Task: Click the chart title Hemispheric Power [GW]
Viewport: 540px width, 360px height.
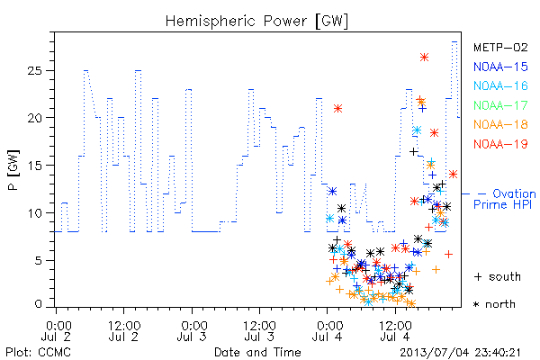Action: pyautogui.click(x=256, y=21)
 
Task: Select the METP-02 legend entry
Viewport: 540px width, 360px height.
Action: pyautogui.click(x=500, y=47)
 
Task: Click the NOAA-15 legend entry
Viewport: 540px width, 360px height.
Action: pyautogui.click(x=500, y=67)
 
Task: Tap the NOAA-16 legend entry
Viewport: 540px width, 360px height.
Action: pyautogui.click(x=500, y=85)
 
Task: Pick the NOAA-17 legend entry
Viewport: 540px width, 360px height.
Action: pyautogui.click(x=500, y=105)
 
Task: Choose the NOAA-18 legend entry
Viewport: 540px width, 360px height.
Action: pyautogui.click(x=500, y=124)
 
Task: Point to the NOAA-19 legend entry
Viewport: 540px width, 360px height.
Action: pyautogui.click(x=500, y=144)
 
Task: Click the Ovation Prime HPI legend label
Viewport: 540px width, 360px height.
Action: pyautogui.click(x=504, y=199)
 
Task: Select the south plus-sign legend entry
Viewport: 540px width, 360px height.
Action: pyautogui.click(x=498, y=276)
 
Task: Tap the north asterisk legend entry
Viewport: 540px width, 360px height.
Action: pyautogui.click(x=494, y=304)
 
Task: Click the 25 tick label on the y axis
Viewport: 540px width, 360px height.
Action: pyautogui.click(x=34, y=70)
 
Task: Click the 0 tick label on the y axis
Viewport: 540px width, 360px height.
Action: pyautogui.click(x=39, y=304)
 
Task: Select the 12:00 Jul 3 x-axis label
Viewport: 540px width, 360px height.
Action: pyautogui.click(x=259, y=331)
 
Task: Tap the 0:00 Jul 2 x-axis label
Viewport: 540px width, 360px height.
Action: pyautogui.click(x=56, y=331)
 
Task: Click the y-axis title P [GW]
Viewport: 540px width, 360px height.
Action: pyautogui.click(x=13, y=170)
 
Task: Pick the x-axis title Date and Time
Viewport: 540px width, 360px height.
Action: pyautogui.click(x=257, y=352)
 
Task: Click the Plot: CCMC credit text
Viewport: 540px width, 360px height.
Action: pyautogui.click(x=38, y=352)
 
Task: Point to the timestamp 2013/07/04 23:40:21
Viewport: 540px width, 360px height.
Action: pyautogui.click(x=460, y=353)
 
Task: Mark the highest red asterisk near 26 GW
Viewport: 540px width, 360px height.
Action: pyautogui.click(x=424, y=58)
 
